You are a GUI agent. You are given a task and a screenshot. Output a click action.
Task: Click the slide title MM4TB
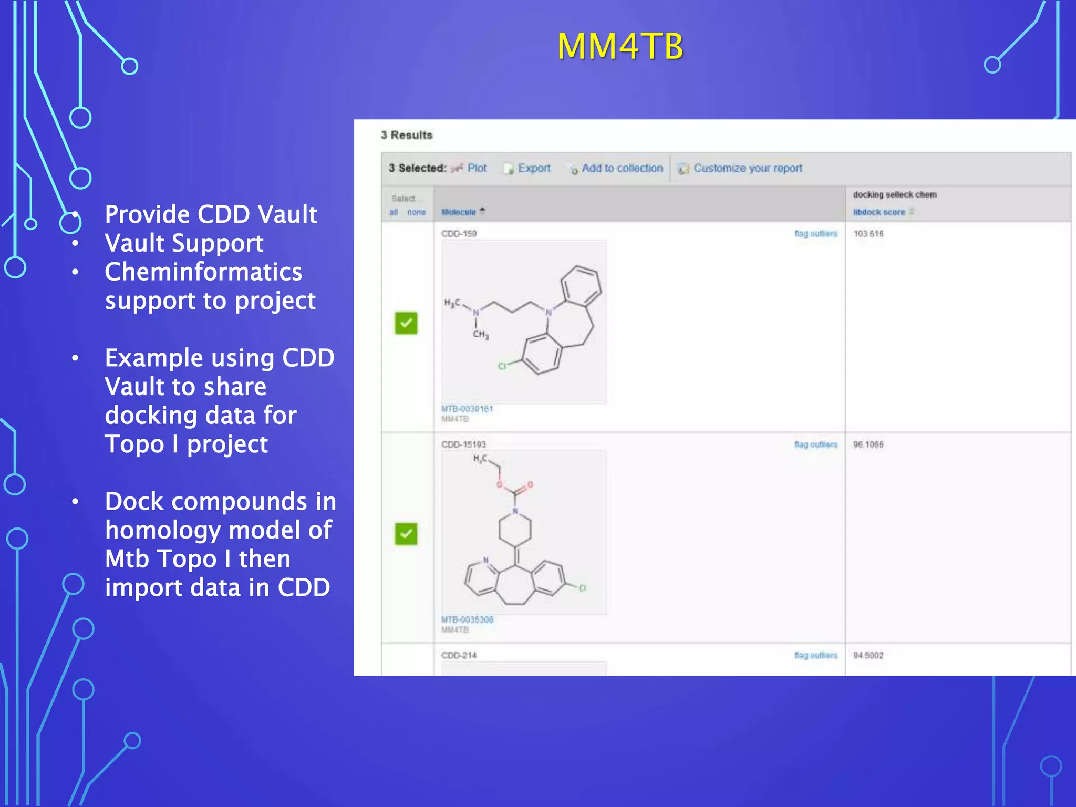620,46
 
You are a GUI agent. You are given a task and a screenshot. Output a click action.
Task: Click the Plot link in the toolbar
477,168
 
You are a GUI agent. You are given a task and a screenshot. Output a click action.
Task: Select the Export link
534,168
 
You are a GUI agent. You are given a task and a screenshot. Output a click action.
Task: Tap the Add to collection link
622,168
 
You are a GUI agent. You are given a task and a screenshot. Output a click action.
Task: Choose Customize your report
748,168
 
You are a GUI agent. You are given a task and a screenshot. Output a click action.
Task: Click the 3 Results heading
407,135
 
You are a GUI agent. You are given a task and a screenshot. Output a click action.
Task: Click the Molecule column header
459,212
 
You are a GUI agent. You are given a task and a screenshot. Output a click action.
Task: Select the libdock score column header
879,212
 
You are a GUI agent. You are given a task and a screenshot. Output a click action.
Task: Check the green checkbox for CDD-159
406,323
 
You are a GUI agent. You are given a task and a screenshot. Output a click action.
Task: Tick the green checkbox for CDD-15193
406,534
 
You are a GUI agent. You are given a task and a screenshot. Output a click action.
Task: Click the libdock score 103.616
868,234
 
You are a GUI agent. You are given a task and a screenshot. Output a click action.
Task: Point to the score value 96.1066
868,444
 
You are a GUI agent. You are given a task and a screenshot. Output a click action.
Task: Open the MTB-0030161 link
467,409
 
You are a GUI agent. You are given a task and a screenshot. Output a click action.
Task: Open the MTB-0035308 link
467,619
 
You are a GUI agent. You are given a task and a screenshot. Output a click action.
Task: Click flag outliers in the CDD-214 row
815,655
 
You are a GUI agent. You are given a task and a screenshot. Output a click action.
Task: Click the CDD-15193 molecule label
463,444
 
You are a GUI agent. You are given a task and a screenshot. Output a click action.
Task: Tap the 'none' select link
417,212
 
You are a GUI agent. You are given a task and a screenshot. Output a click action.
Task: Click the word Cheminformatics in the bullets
203,272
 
